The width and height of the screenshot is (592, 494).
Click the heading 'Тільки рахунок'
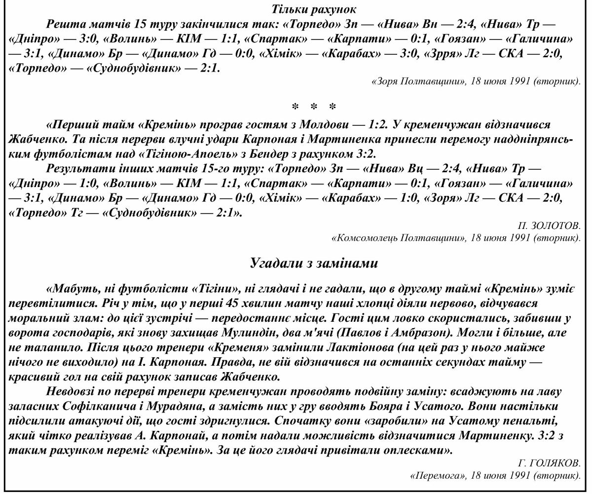(314, 9)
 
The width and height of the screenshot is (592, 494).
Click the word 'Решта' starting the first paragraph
(64, 24)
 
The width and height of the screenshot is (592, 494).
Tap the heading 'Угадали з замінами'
(314, 263)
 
